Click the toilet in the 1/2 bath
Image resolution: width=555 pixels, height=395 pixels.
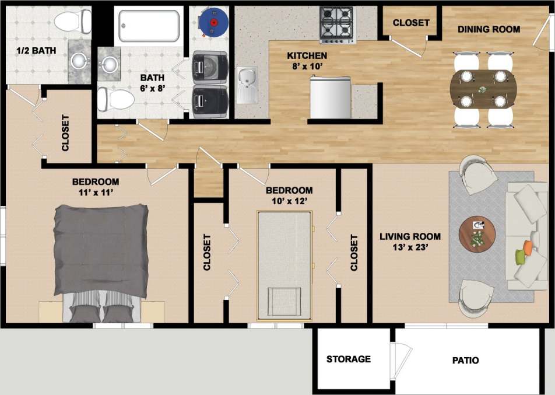coord(73,22)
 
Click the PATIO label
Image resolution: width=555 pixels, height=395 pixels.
coord(465,360)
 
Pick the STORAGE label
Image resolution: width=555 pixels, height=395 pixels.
coord(348,359)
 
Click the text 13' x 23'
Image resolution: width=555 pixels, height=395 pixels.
coord(410,248)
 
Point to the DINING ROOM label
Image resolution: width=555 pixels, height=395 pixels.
coord(489,29)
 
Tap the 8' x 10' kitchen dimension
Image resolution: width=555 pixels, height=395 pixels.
coord(307,67)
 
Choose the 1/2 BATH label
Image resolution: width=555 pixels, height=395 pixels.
coord(36,50)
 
